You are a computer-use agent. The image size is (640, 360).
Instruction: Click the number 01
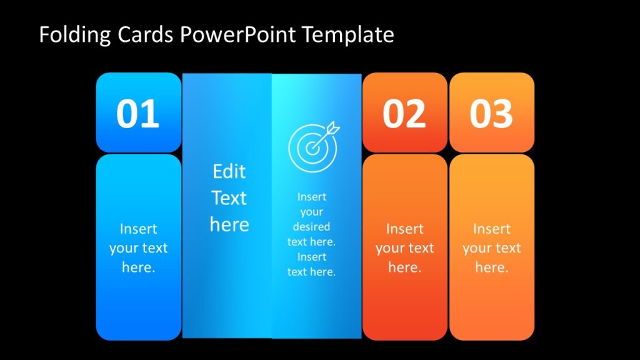pyautogui.click(x=137, y=114)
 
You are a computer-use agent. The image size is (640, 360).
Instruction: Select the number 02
pyautogui.click(x=404, y=114)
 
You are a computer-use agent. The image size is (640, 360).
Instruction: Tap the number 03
pyautogui.click(x=491, y=114)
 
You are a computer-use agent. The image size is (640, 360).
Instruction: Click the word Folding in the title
pyautogui.click(x=74, y=35)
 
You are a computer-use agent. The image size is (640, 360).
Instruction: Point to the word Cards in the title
pyautogui.click(x=145, y=35)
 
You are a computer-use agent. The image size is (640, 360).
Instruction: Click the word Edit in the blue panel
pyautogui.click(x=229, y=171)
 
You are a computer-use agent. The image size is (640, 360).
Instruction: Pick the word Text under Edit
pyautogui.click(x=229, y=198)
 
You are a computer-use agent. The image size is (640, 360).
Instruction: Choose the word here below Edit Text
pyautogui.click(x=229, y=224)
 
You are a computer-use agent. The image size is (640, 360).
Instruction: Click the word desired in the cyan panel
pyautogui.click(x=311, y=226)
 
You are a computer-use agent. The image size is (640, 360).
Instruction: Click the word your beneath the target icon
pyautogui.click(x=311, y=212)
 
